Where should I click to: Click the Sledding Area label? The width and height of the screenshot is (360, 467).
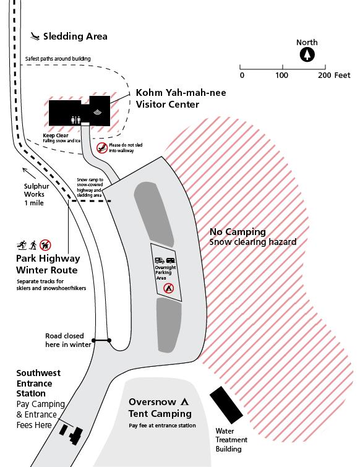pos(84,36)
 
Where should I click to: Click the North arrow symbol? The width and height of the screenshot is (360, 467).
pos(307,55)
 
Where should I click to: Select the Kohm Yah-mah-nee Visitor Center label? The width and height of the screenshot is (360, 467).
pos(181,98)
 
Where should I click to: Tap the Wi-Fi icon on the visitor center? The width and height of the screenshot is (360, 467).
pos(96,113)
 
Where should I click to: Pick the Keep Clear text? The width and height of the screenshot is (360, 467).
pos(56,135)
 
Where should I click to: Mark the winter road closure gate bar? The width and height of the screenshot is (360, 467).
pos(101,340)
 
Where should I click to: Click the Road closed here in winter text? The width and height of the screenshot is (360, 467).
pos(68,340)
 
